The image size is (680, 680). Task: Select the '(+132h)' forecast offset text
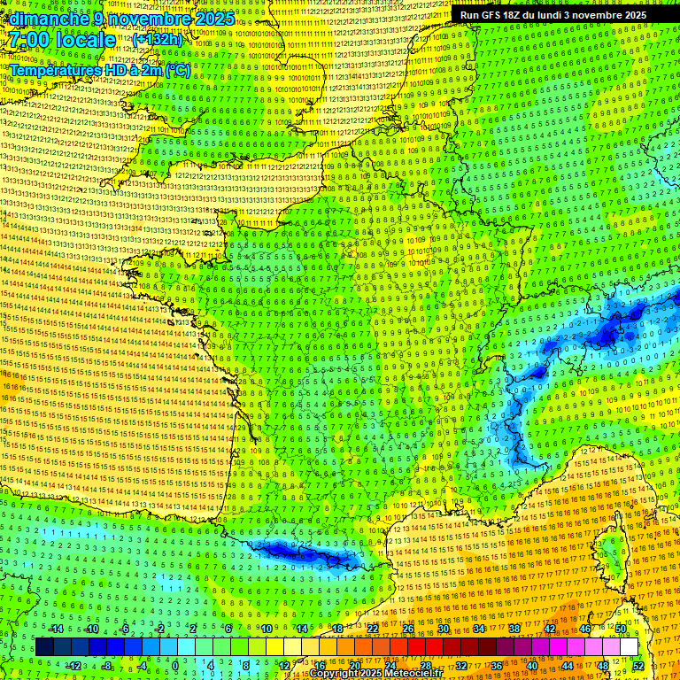click(x=158, y=39)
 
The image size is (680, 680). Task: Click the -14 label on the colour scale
click(x=56, y=629)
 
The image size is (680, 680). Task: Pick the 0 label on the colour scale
click(x=175, y=665)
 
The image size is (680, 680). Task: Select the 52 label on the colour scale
click(x=638, y=665)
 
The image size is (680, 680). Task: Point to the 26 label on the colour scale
click(x=408, y=629)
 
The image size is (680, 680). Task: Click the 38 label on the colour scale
click(x=514, y=629)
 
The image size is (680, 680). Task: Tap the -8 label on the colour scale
click(x=107, y=665)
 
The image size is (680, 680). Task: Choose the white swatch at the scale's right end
click(x=629, y=647)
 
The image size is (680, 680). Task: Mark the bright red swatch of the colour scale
click(x=416, y=647)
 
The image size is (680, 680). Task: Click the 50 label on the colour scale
click(x=621, y=629)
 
